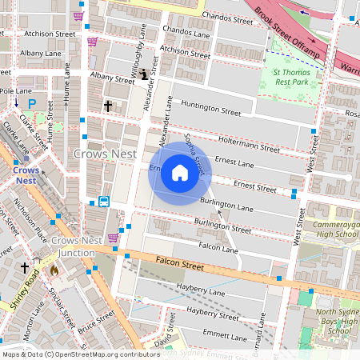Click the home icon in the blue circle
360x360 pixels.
[179, 173]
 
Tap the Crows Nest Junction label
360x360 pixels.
[74, 246]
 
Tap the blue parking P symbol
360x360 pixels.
[32, 103]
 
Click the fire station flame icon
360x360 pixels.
[54, 270]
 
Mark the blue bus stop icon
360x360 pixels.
[104, 201]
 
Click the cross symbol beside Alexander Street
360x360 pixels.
[107, 106]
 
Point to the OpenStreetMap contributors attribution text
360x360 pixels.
[80, 354]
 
